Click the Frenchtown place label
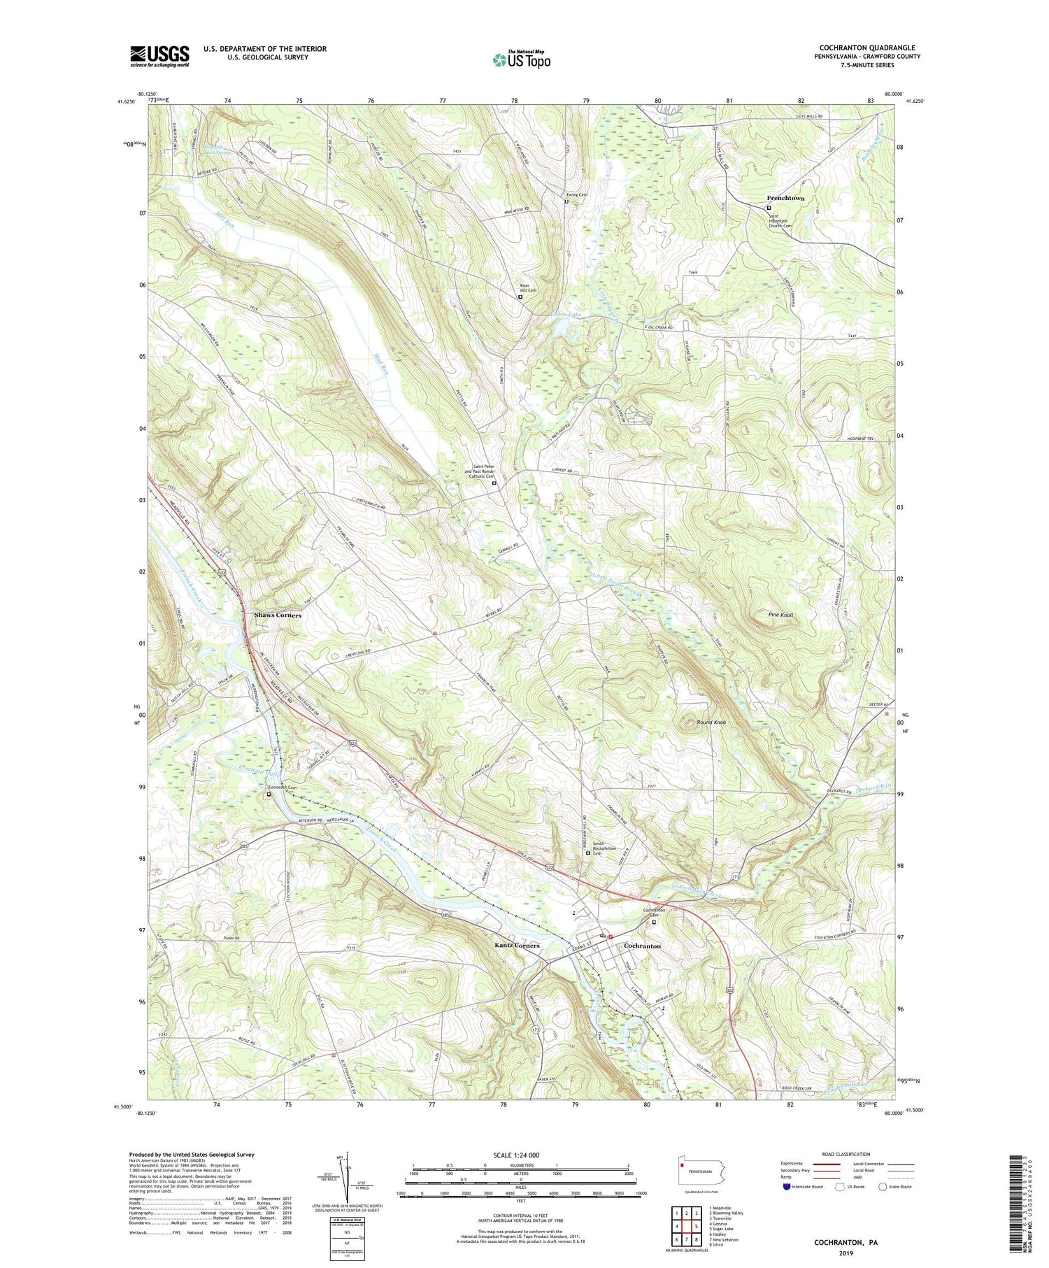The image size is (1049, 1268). [785, 198]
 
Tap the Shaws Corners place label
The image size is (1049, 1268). [278, 615]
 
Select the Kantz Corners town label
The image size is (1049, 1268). [517, 945]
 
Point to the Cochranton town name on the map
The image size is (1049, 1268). [642, 946]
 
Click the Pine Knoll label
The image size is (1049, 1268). [780, 615]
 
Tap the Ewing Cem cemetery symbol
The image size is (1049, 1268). [566, 201]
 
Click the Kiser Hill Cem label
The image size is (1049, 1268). [527, 287]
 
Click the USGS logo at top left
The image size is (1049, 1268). [159, 56]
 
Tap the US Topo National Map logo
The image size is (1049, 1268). [521, 59]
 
